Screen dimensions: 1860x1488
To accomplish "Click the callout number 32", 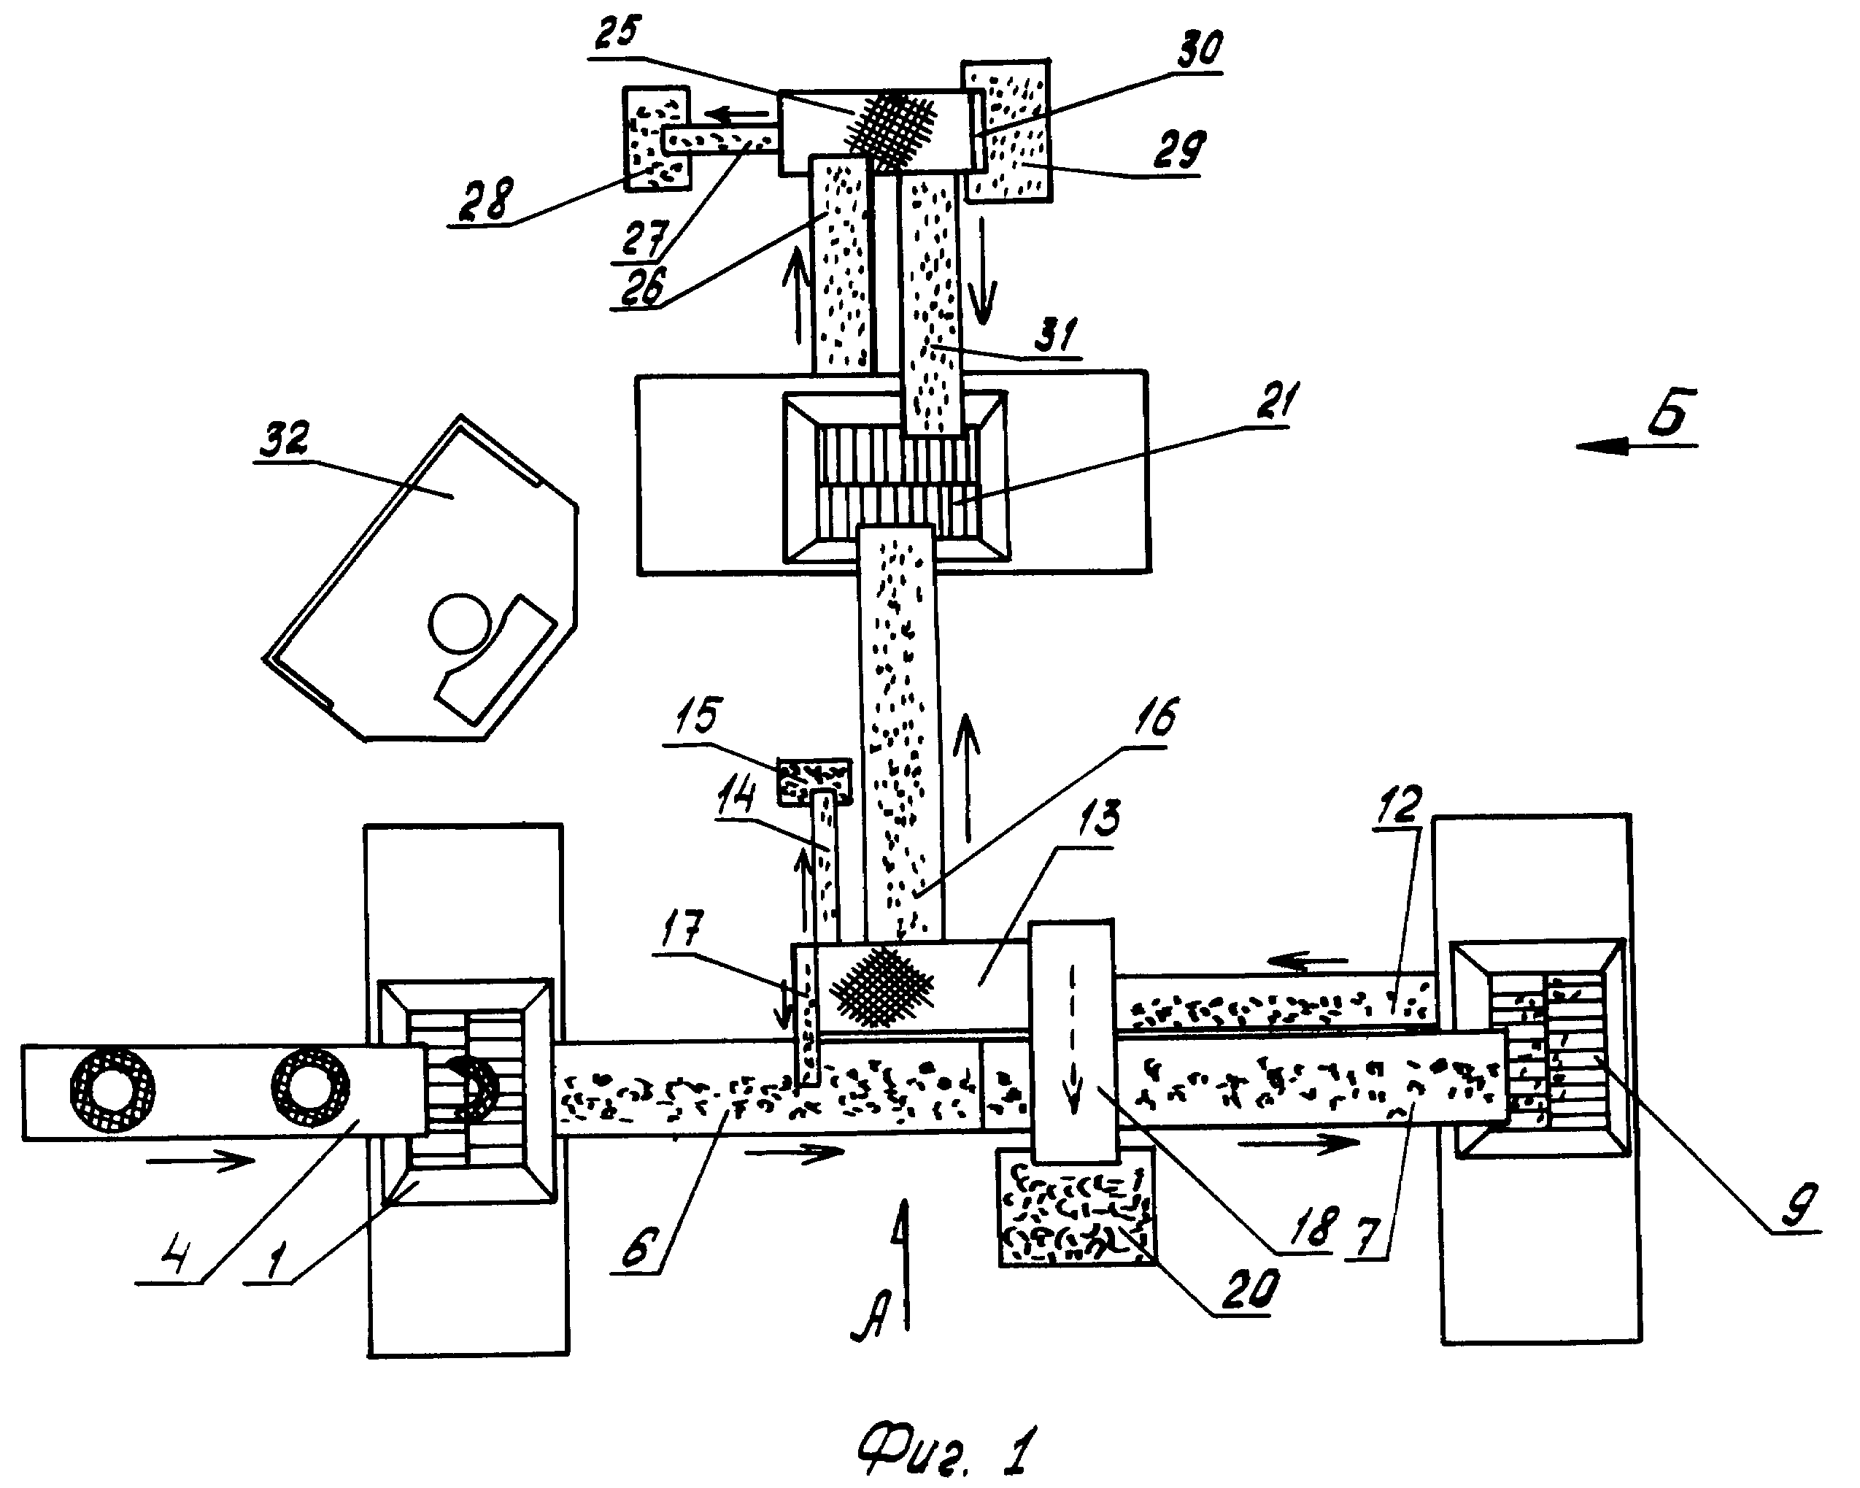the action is (x=285, y=440).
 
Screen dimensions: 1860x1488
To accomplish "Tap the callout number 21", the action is (x=1269, y=402).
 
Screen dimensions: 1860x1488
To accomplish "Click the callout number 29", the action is (x=1178, y=150).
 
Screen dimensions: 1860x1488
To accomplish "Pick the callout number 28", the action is (x=486, y=200).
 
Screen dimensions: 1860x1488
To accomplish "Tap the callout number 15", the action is (x=697, y=715).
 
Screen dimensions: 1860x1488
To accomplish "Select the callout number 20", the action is (x=1249, y=1290).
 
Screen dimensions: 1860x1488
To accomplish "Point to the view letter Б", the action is (x=1670, y=413).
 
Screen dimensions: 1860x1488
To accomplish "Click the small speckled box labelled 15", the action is (x=815, y=782).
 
